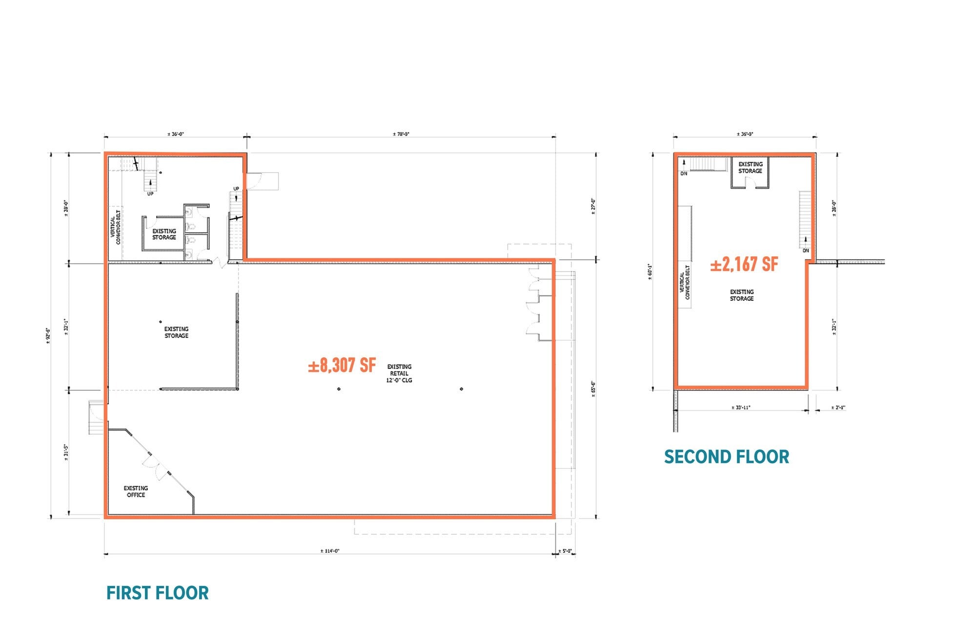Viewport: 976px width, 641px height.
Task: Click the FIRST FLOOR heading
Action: (157, 593)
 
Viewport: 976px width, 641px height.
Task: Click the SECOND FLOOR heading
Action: (726, 457)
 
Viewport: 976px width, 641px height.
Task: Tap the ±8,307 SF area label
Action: (342, 365)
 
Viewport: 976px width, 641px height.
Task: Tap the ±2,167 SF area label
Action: (744, 264)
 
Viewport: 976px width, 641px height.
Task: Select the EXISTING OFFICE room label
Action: (136, 491)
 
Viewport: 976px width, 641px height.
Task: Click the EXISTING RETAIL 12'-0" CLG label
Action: (399, 373)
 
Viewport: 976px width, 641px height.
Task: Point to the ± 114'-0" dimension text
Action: (330, 551)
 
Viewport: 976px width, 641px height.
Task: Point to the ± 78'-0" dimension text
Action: (401, 134)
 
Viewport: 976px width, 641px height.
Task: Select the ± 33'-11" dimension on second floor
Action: (741, 408)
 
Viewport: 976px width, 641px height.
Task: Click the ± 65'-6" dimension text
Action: (593, 389)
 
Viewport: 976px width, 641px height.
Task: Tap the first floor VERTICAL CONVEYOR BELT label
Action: (115, 227)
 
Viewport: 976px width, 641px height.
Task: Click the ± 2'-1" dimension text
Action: (838, 408)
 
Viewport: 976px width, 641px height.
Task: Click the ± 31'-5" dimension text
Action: (66, 452)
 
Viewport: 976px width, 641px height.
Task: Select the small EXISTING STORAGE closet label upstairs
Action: (750, 168)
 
